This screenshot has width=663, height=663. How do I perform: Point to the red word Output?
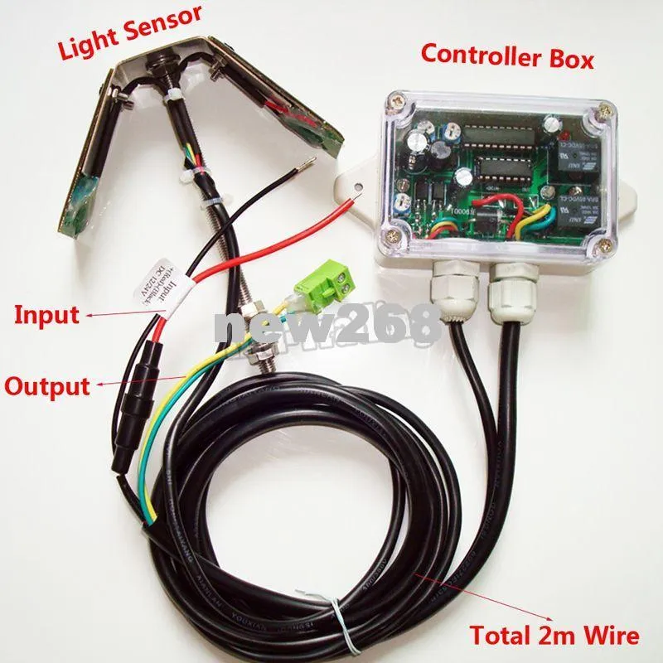46,385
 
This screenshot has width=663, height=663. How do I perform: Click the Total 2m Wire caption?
554,636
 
